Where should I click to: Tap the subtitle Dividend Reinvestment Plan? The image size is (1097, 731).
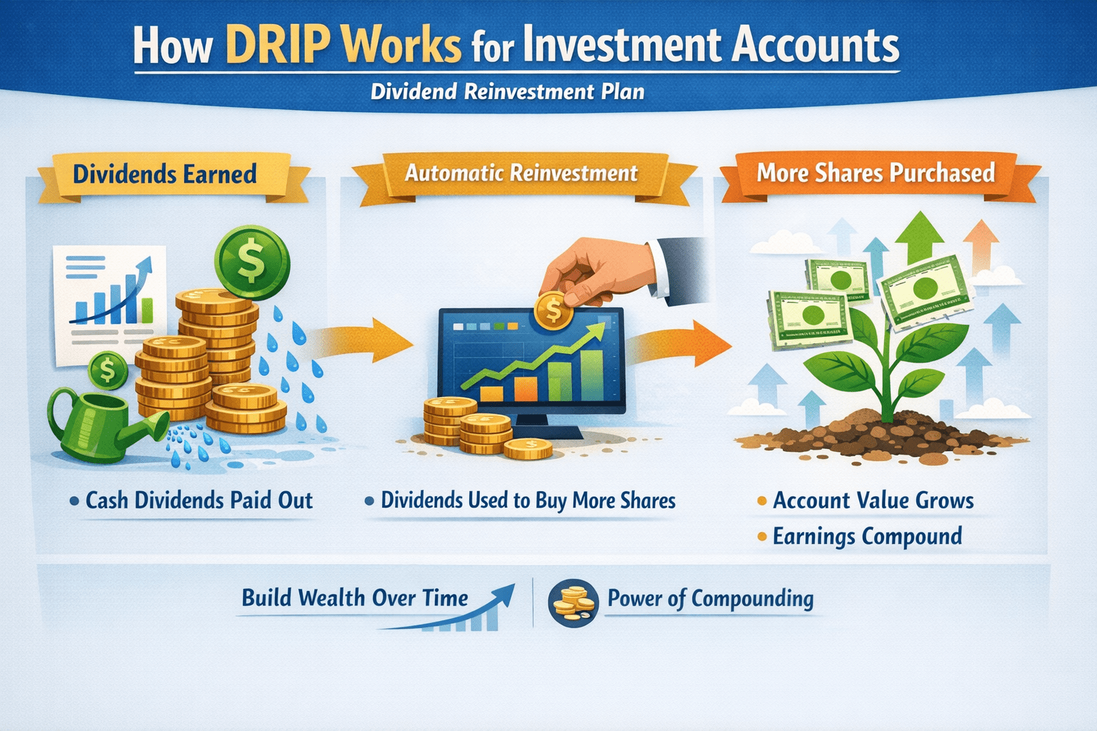point(507,92)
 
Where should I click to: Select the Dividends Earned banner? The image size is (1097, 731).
point(165,174)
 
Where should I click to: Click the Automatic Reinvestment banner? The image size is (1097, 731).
point(521,173)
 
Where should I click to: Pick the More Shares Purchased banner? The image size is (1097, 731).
point(876,173)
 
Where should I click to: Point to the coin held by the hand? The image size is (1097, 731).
point(552,310)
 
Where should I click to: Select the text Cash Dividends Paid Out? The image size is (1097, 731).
point(199,500)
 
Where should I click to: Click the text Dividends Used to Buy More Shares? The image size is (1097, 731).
point(528,500)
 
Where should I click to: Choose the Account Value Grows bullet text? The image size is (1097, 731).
point(873,500)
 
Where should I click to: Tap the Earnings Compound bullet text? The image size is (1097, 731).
point(867,536)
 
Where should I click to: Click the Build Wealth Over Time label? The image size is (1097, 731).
point(355,598)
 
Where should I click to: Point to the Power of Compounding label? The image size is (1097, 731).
point(710,598)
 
